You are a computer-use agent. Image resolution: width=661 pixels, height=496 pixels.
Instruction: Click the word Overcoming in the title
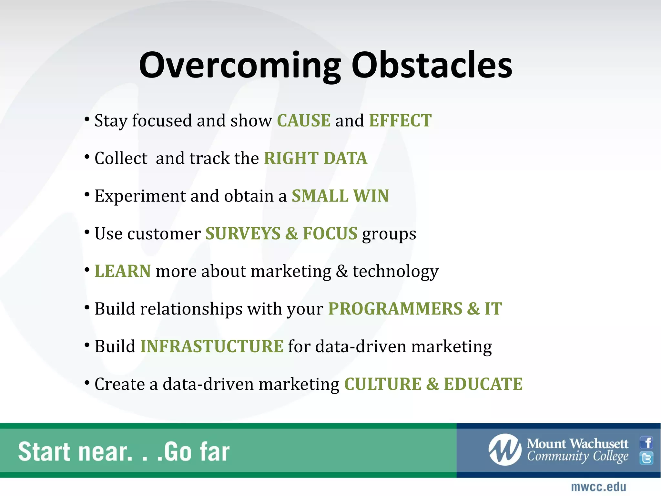(x=240, y=66)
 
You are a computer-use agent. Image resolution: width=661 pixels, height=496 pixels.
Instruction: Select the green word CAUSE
(x=304, y=121)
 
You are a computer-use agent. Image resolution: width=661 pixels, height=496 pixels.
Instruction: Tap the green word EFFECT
(x=400, y=121)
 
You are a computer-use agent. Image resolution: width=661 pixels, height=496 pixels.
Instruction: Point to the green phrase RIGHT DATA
(x=316, y=159)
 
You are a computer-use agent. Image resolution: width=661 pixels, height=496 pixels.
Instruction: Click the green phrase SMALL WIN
(x=340, y=196)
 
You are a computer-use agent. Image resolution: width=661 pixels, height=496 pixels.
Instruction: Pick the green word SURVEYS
(x=243, y=234)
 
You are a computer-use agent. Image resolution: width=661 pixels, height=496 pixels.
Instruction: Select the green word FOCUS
(x=330, y=234)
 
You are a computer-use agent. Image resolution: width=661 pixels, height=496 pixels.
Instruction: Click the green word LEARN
(x=123, y=271)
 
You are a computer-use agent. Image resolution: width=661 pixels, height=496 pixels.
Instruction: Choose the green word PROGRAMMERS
(x=395, y=309)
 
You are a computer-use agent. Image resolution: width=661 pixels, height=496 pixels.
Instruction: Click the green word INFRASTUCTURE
(x=212, y=346)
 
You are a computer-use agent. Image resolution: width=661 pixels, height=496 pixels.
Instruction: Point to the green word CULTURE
(x=383, y=384)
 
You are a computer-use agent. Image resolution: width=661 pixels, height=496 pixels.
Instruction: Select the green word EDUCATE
(x=483, y=384)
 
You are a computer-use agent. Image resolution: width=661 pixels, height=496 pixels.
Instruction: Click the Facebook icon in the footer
(x=646, y=442)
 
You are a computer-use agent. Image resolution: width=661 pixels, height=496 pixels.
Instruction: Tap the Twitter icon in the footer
(x=646, y=458)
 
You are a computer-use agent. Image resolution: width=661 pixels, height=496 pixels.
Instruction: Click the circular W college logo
(x=505, y=450)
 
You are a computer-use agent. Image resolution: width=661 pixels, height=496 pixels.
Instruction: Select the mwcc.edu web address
(x=598, y=487)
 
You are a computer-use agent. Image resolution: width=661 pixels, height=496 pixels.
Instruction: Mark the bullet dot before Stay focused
(x=87, y=119)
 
